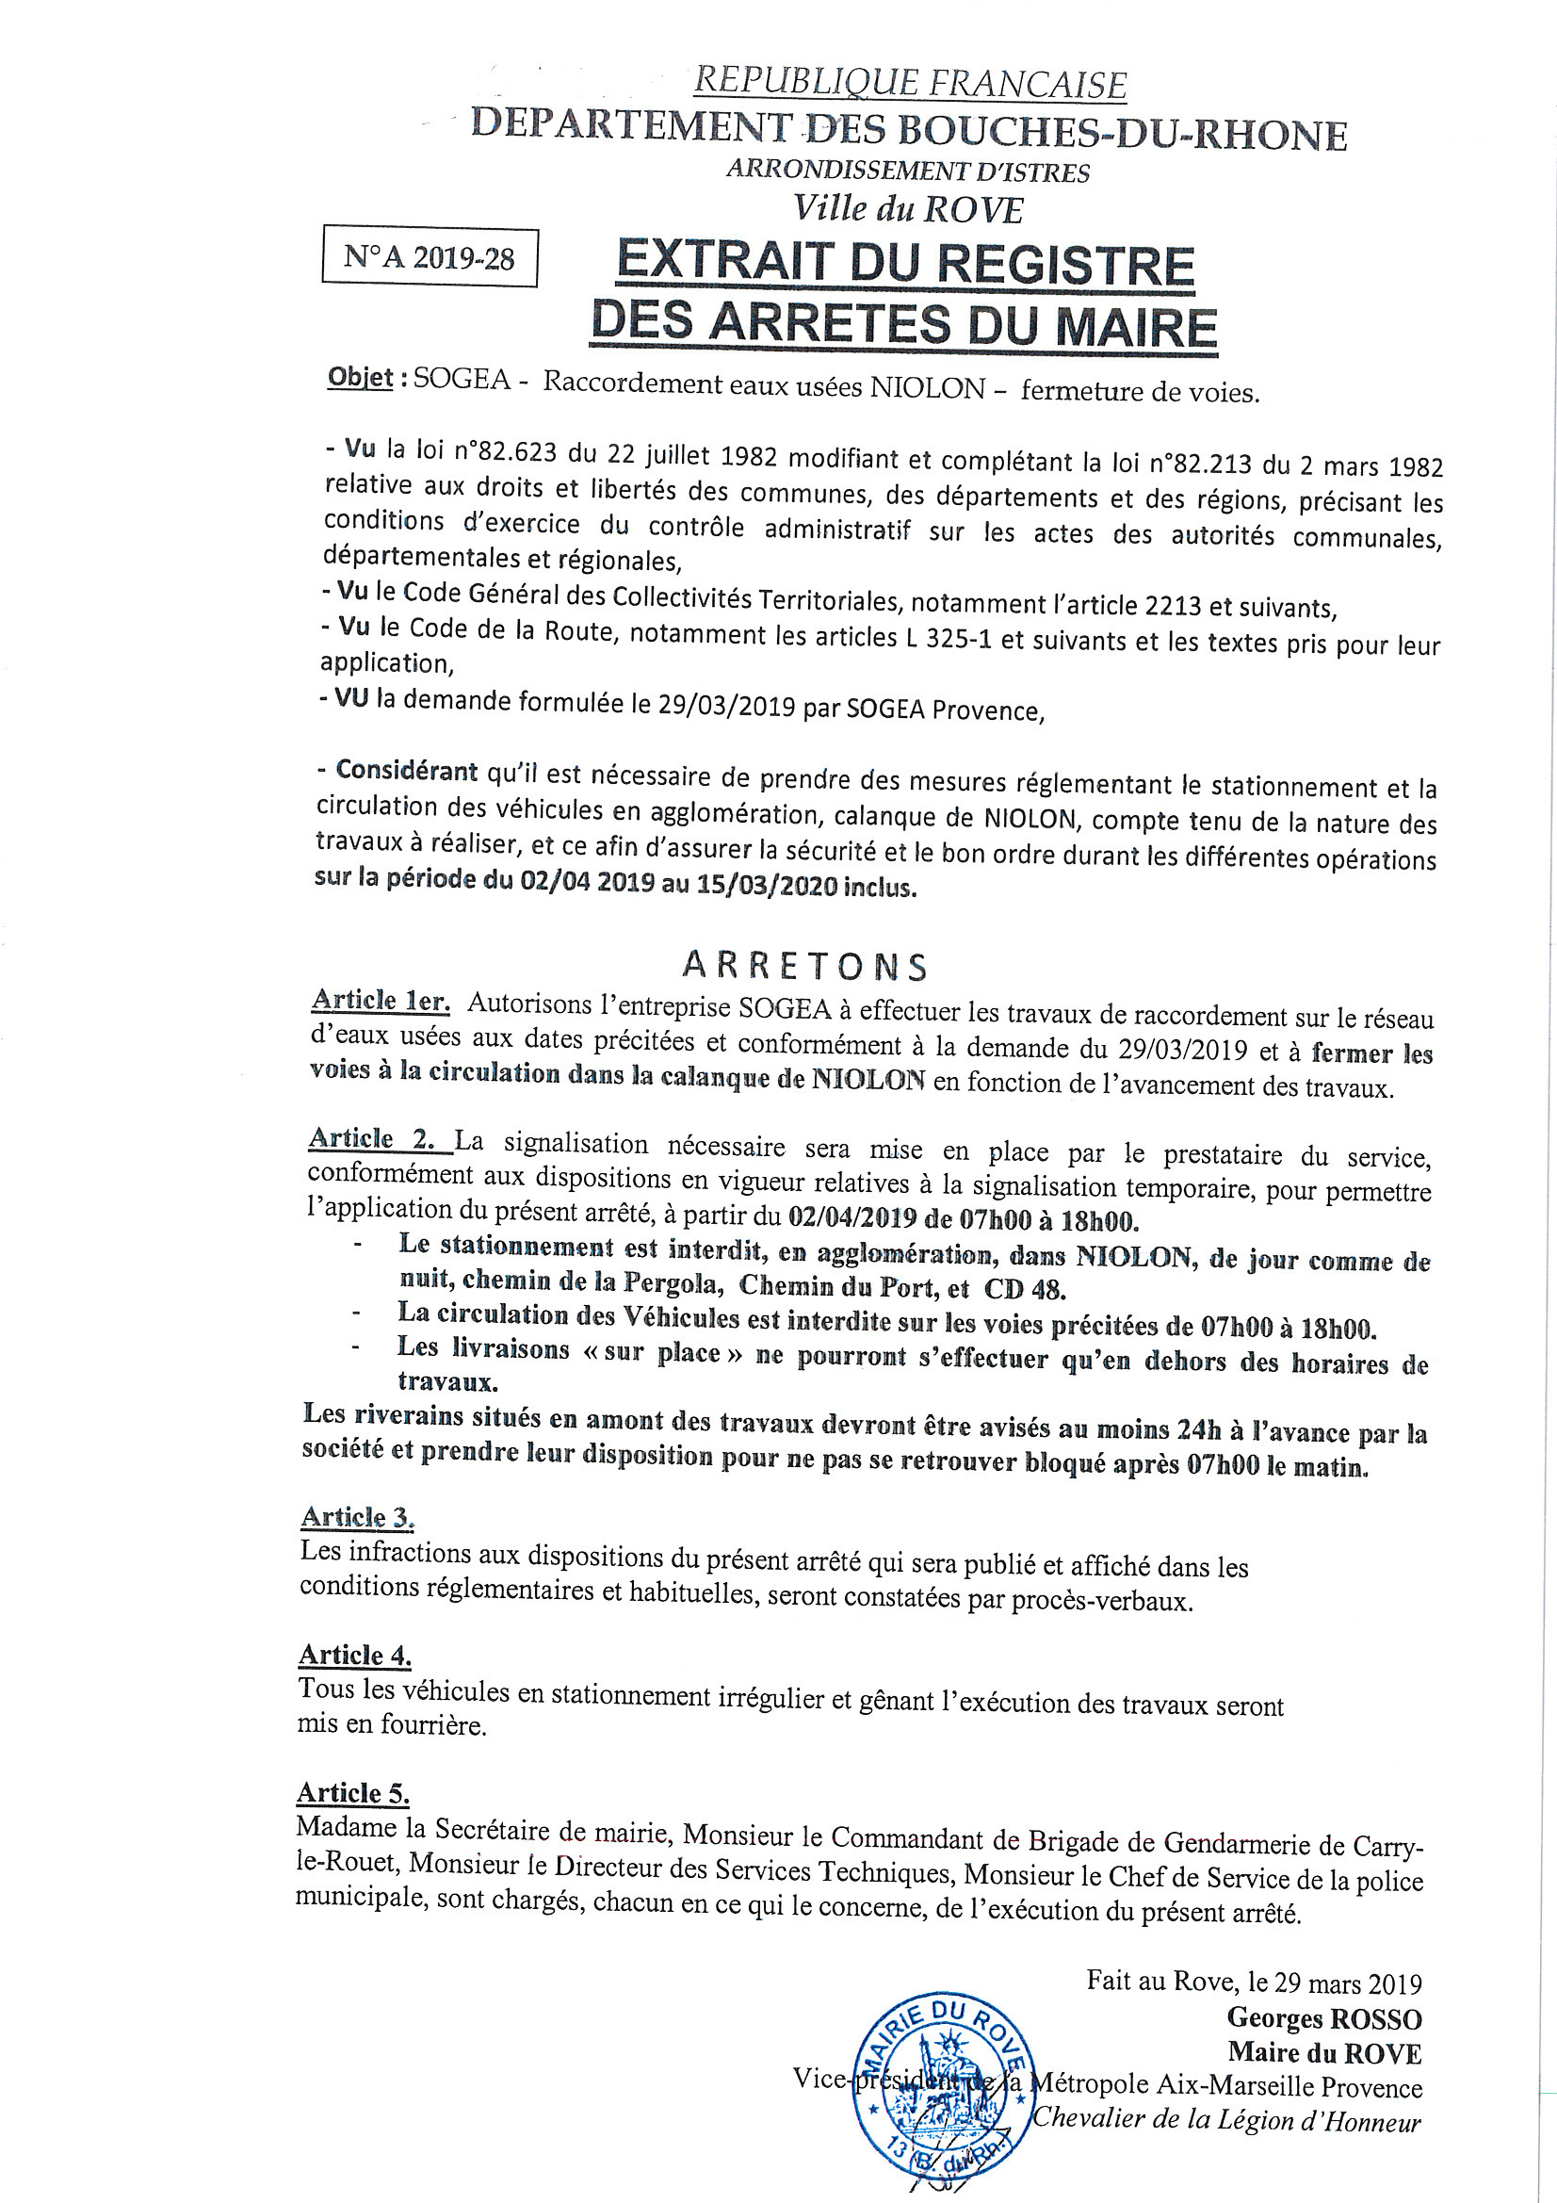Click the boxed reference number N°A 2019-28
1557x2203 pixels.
(x=429, y=257)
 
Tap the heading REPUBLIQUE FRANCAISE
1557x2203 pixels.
(x=910, y=83)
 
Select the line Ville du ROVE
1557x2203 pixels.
(x=907, y=209)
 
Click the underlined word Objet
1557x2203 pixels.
(x=360, y=377)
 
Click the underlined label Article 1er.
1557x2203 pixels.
(x=380, y=1001)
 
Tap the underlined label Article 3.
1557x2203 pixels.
(x=357, y=1517)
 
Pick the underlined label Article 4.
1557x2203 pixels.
(x=355, y=1656)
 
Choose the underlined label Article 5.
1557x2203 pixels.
(x=353, y=1793)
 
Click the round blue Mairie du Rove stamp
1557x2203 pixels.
(x=941, y=2089)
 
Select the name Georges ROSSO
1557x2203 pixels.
(x=1324, y=2017)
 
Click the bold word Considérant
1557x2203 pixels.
(x=406, y=771)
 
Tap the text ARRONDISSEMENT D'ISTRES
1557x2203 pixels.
(x=907, y=171)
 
